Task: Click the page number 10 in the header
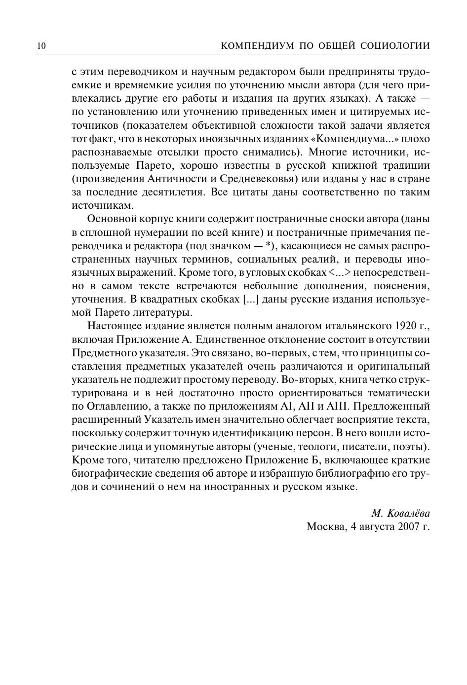[x=41, y=46]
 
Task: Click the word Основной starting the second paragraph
[x=109, y=219]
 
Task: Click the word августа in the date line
[x=378, y=526]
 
